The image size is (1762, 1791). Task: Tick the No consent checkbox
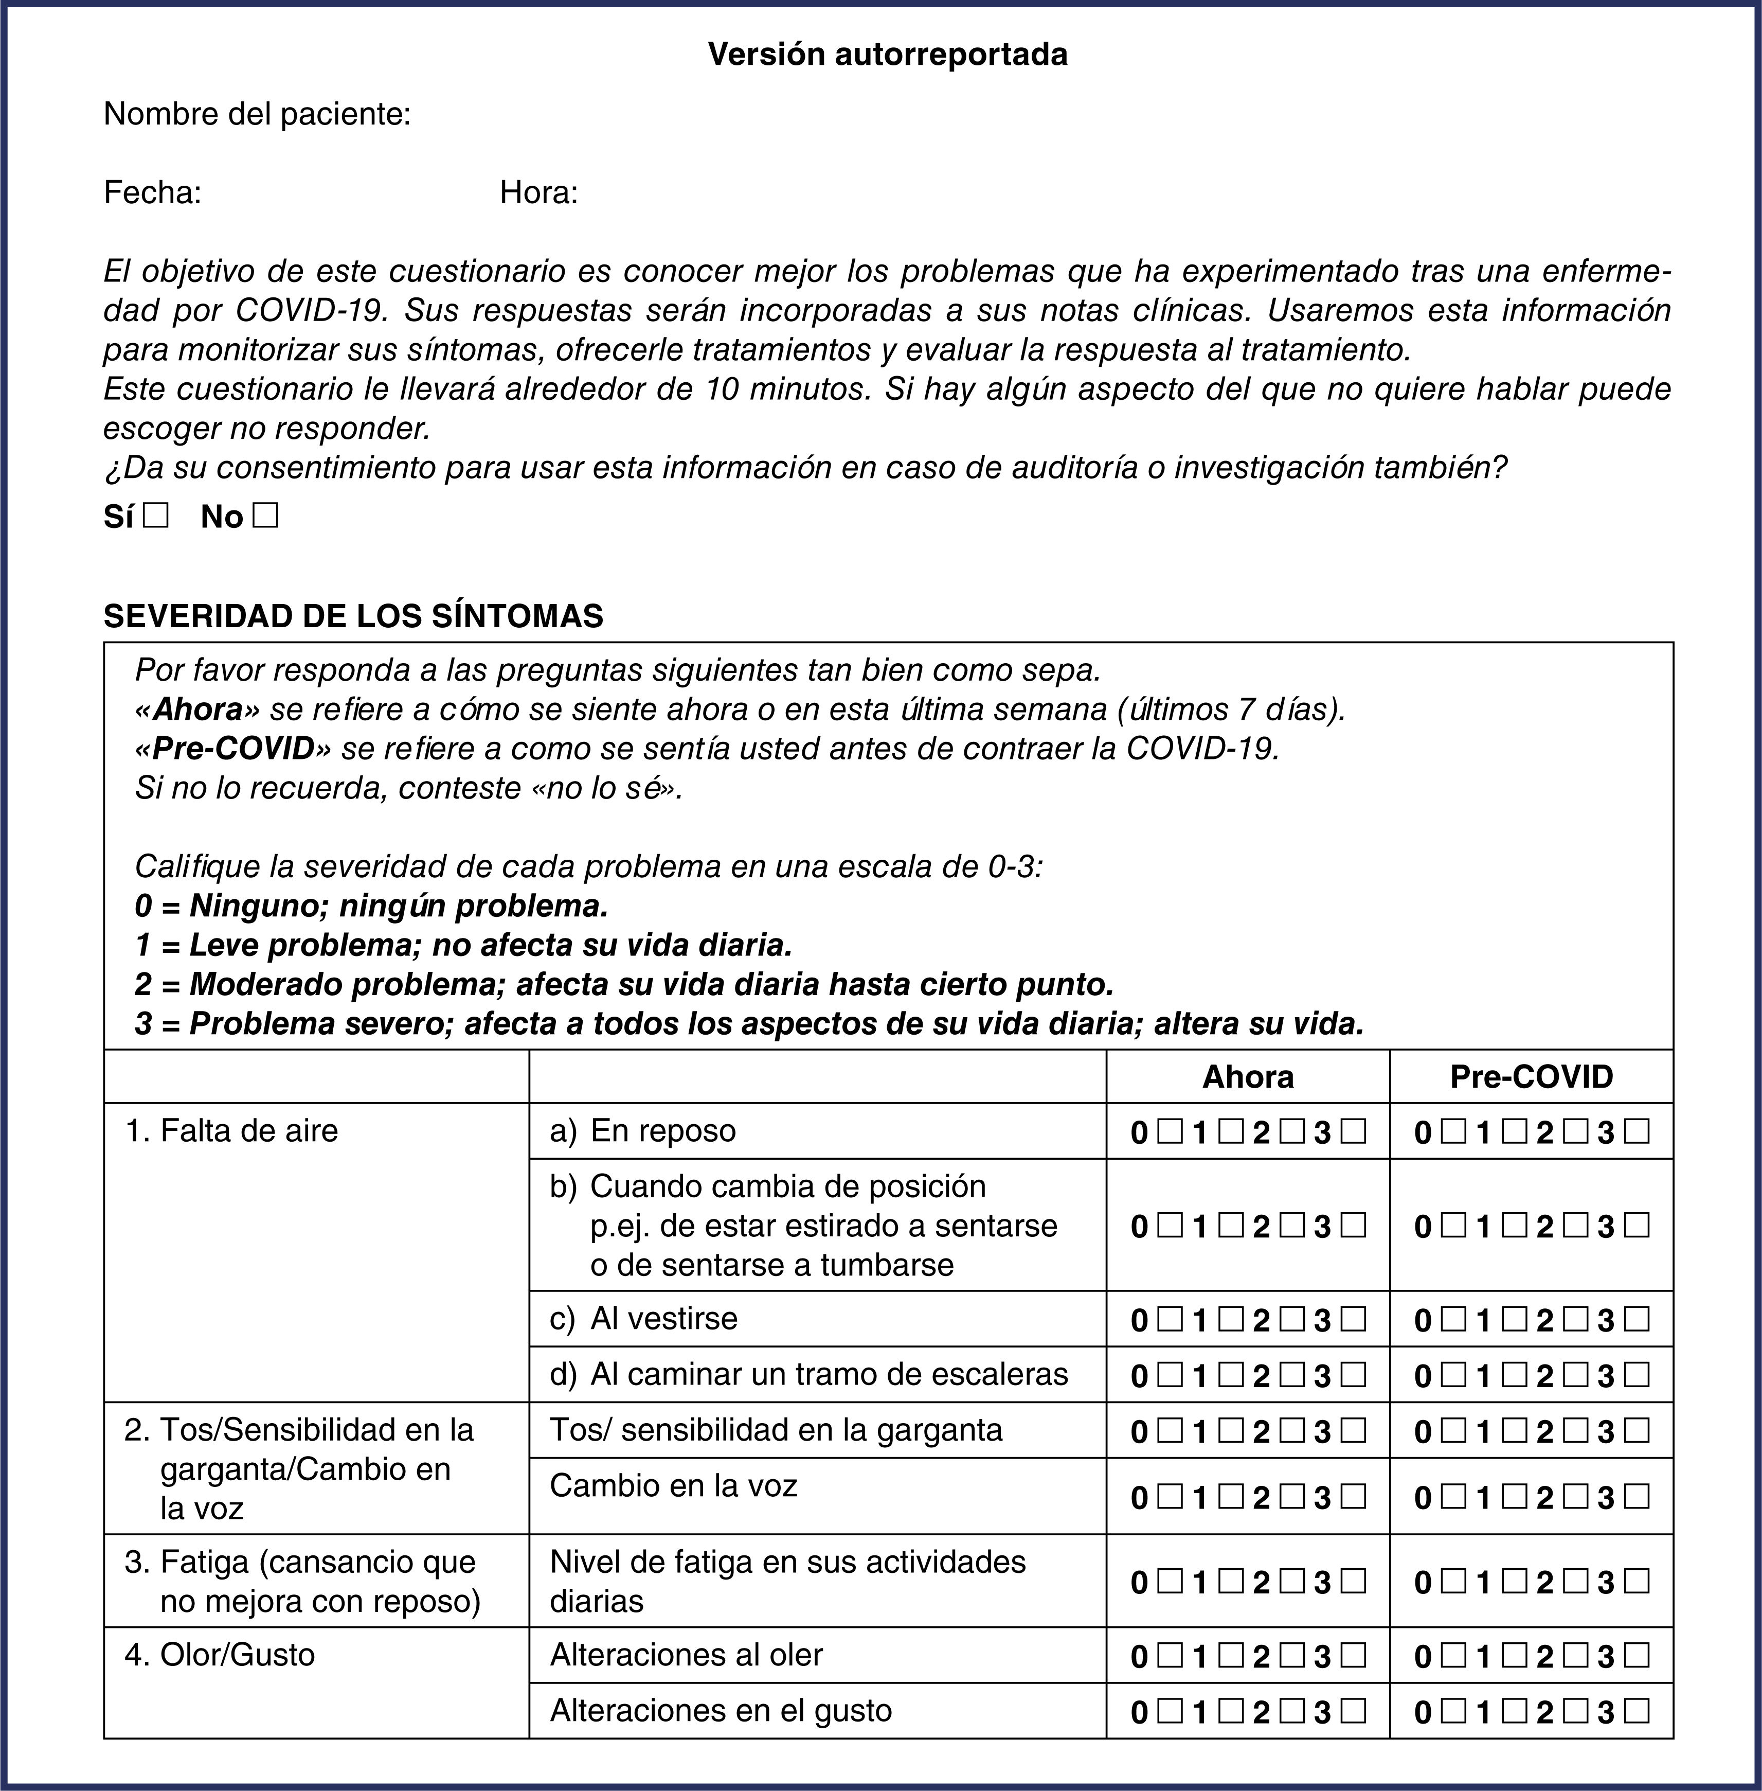265,516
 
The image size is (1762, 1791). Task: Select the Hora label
538,192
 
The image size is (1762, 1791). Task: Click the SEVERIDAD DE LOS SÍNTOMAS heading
353,615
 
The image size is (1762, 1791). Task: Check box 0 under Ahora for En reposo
1170,1131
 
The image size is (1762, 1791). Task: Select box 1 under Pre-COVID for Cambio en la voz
1514,1497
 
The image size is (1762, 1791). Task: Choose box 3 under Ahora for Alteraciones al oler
1354,1655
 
